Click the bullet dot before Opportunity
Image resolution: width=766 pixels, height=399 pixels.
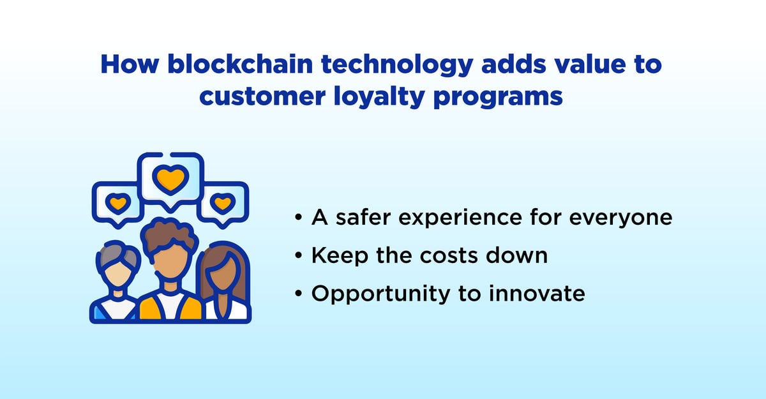point(299,294)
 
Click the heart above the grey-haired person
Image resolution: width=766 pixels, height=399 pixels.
point(117,204)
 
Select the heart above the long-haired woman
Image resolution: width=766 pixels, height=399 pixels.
point(222,204)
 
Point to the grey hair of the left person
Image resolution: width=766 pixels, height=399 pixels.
point(117,254)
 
